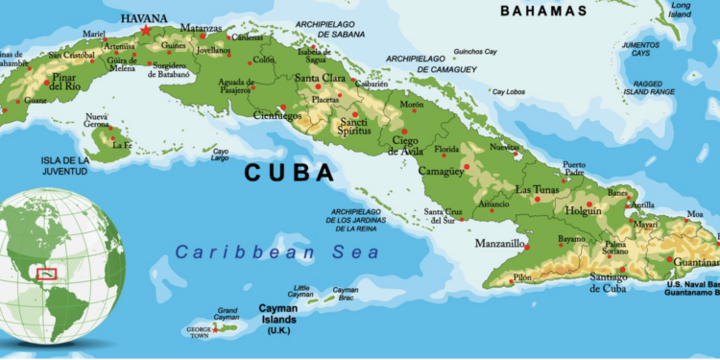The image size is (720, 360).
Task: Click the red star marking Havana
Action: tap(146, 30)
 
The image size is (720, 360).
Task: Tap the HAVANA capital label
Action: tap(144, 17)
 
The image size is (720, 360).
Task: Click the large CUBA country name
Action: tap(289, 174)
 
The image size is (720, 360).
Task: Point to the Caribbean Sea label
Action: tap(277, 252)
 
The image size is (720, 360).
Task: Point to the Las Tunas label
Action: tap(537, 189)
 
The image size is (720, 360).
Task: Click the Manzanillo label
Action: tap(500, 244)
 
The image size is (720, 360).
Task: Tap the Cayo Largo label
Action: tap(221, 154)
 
